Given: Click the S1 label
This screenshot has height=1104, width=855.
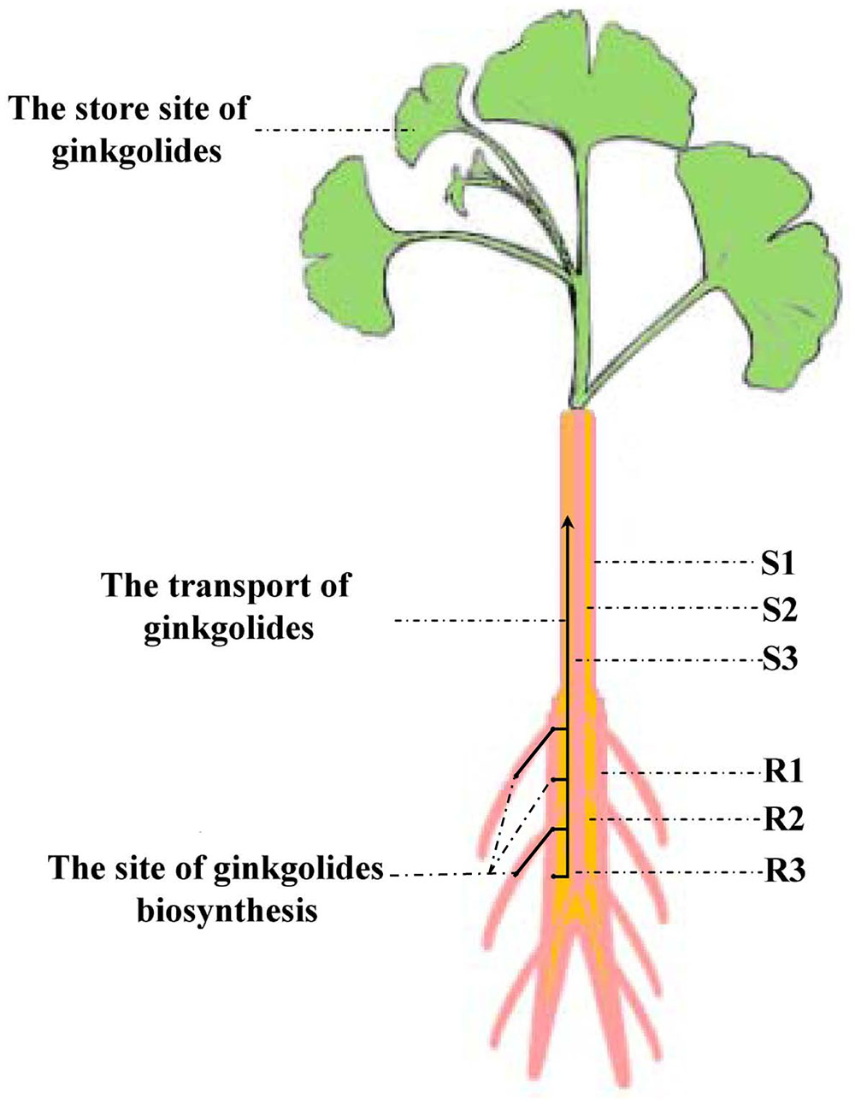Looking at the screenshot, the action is [x=779, y=564].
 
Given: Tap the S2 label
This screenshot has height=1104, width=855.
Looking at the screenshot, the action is [x=779, y=611].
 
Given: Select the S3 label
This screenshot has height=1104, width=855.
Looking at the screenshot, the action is [x=779, y=660].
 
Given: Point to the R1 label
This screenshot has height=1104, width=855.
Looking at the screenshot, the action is [x=782, y=772].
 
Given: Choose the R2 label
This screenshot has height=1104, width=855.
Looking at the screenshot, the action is [x=782, y=820].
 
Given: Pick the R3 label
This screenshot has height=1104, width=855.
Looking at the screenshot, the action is [x=782, y=873].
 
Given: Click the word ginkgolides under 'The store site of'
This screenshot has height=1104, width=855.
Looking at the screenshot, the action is [x=137, y=152].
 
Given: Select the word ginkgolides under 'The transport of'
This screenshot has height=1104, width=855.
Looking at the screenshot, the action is [x=229, y=629].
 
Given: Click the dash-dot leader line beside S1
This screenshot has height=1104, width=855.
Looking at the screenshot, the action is [x=675, y=563].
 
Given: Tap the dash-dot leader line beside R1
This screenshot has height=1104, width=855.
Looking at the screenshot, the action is [x=680, y=773].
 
